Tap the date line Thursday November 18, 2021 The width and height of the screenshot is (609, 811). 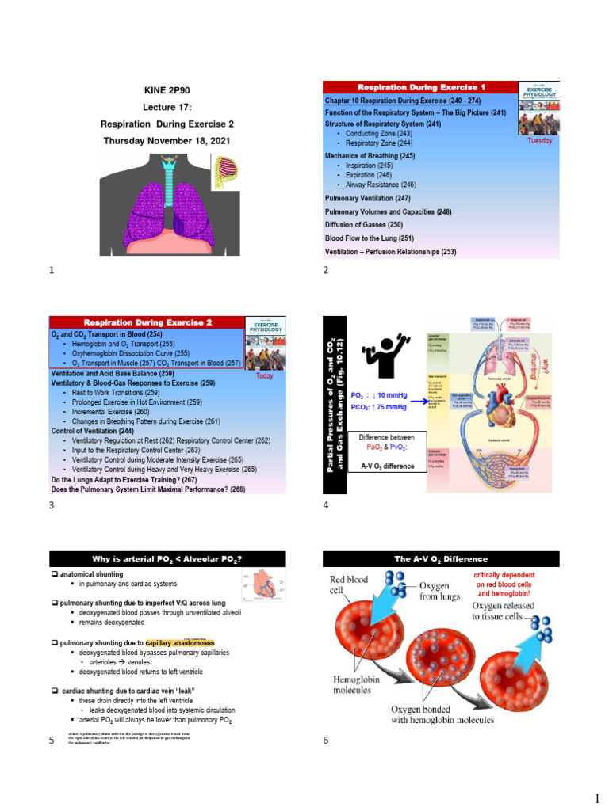tap(167, 140)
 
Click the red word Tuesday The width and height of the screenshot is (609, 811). tap(539, 141)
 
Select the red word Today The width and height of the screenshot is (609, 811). tap(264, 376)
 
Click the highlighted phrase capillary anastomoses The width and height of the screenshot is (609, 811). tap(180, 642)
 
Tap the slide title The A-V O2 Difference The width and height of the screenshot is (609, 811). tap(441, 559)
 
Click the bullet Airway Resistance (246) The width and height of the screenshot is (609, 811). tap(380, 185)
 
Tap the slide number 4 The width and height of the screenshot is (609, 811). tap(325, 505)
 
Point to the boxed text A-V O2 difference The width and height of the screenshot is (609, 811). tap(388, 466)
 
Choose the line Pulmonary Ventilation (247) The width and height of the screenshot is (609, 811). tap(368, 198)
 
